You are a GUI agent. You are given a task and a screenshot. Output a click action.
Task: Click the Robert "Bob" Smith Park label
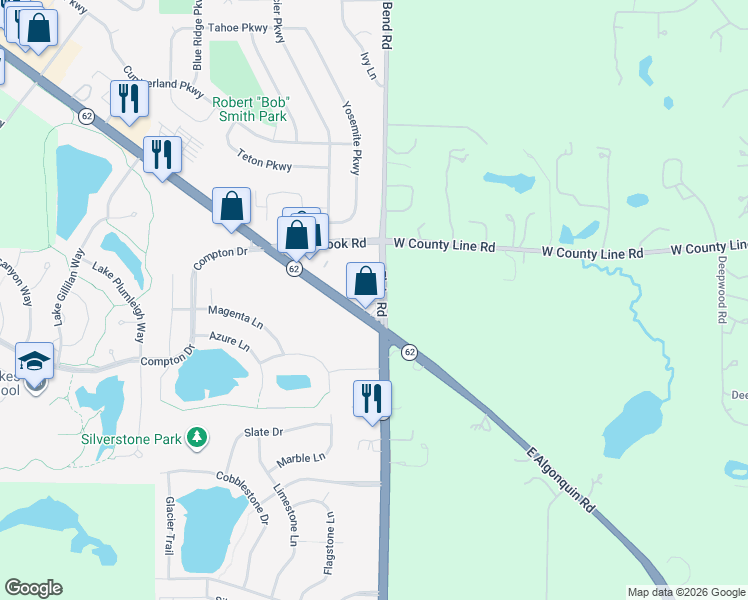tap(250, 108)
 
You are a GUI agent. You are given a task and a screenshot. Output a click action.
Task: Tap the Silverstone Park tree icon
tap(198, 437)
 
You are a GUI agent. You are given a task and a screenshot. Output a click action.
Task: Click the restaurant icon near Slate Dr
tap(372, 398)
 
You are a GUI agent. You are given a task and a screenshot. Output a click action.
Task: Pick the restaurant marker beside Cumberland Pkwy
tap(129, 99)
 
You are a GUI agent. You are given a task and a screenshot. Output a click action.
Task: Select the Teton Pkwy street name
tap(263, 157)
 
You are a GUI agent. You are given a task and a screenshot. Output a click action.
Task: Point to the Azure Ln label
tap(230, 342)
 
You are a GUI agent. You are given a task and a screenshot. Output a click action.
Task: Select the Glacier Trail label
tap(170, 525)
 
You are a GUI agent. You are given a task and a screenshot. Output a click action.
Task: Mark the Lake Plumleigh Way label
tap(120, 304)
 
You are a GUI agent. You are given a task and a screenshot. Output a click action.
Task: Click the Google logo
tap(33, 588)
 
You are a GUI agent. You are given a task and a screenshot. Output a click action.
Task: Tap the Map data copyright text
tap(686, 592)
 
